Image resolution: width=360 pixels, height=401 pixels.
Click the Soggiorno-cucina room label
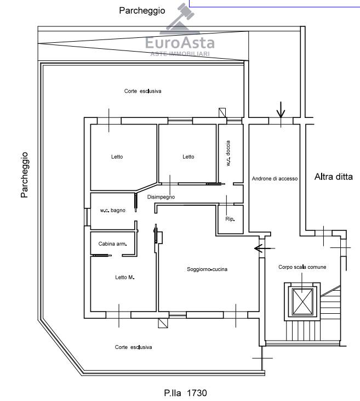(x=207, y=269)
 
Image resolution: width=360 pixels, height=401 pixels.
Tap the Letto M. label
(x=125, y=277)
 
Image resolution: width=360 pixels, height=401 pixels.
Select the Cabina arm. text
(x=112, y=244)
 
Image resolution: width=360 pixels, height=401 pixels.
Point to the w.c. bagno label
(x=112, y=210)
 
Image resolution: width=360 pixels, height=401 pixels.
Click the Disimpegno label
(x=161, y=197)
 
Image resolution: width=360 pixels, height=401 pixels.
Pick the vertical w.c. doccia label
(x=228, y=153)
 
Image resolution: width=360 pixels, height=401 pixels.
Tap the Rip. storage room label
(x=230, y=219)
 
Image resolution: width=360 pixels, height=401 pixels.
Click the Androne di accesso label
(x=275, y=178)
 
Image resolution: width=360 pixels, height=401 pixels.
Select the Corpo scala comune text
(x=302, y=267)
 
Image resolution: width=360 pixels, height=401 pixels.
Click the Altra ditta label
(x=334, y=177)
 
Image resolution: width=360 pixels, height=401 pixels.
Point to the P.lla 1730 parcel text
(x=186, y=393)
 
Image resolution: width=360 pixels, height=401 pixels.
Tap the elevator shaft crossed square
(x=302, y=302)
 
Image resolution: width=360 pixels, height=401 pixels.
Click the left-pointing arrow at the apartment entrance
(x=265, y=248)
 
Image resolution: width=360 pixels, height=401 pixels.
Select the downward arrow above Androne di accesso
(x=281, y=110)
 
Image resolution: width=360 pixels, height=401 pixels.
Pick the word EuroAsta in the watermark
(x=180, y=43)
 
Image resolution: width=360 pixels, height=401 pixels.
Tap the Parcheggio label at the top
(x=142, y=10)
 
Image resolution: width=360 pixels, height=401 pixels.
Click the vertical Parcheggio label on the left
(x=24, y=175)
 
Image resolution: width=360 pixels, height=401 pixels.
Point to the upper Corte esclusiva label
(x=142, y=91)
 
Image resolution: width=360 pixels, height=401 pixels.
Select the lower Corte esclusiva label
(x=133, y=347)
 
